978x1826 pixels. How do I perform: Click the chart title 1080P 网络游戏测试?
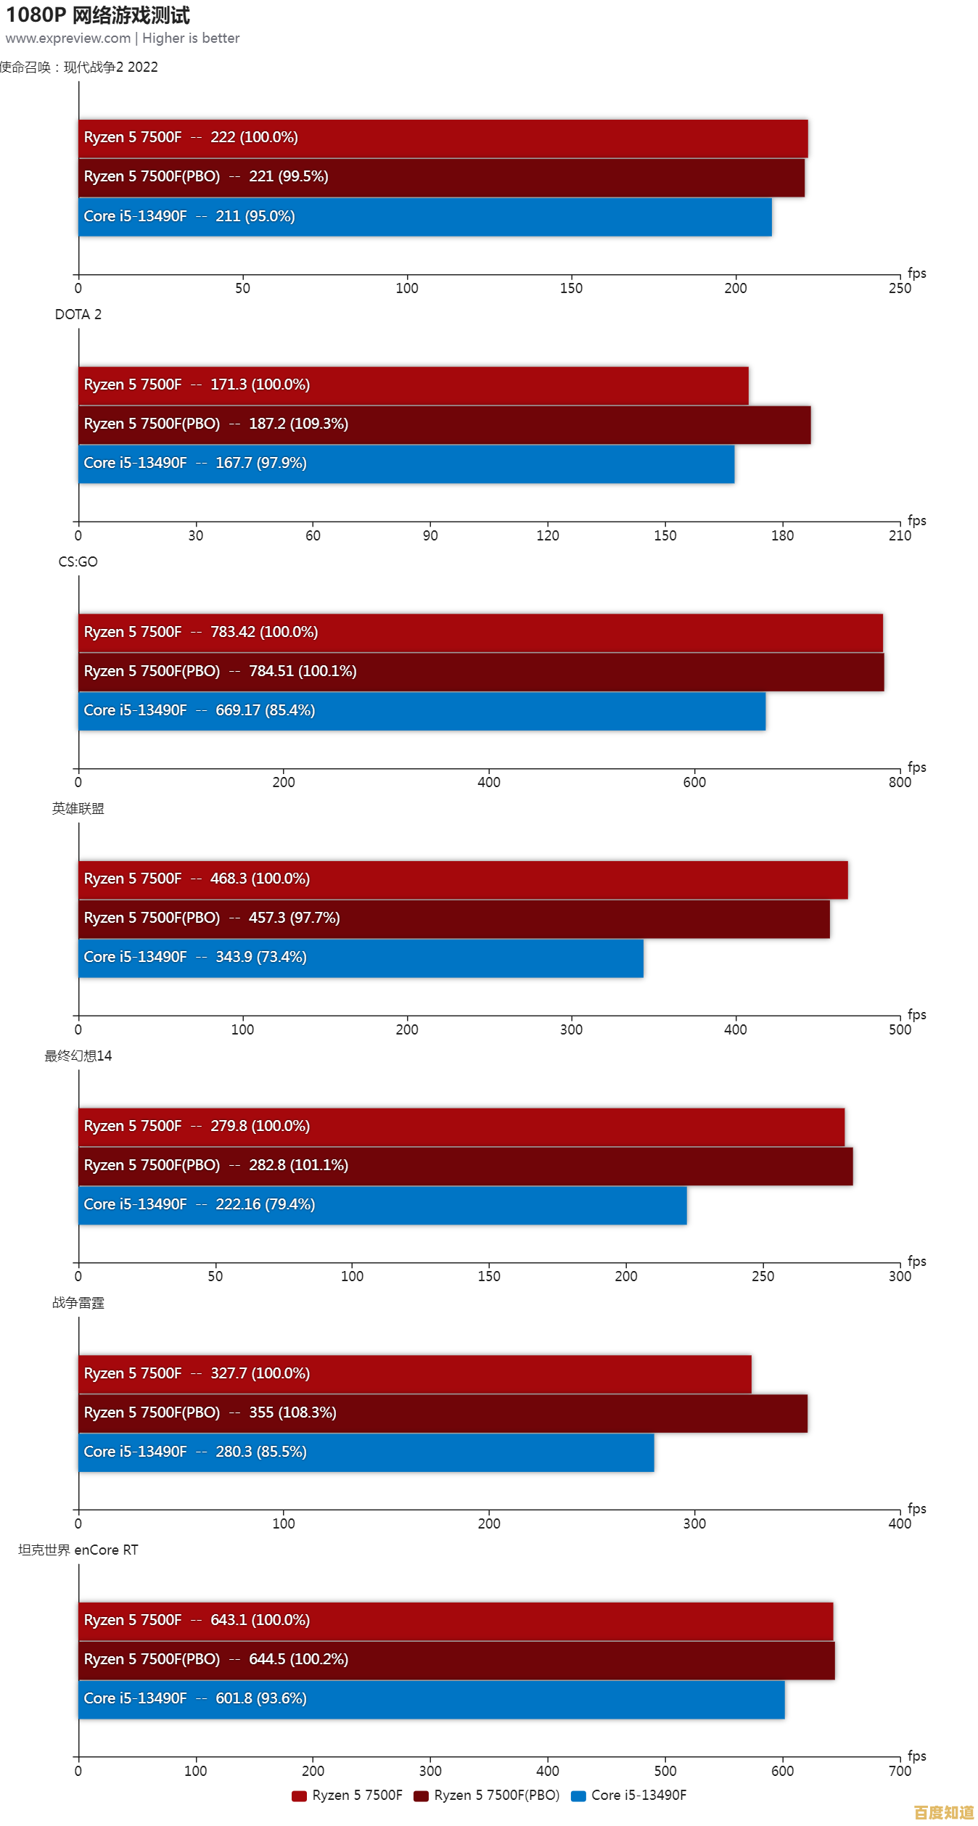pyautogui.click(x=98, y=15)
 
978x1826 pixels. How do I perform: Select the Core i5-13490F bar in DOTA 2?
pyautogui.click(x=406, y=464)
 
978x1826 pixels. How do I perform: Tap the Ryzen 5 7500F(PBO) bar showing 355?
pyautogui.click(x=443, y=1413)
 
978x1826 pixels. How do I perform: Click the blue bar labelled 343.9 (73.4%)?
pyautogui.click(x=361, y=958)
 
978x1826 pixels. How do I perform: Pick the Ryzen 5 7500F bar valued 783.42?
pyautogui.click(x=480, y=633)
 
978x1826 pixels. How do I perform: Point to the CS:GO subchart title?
pyautogui.click(x=78, y=562)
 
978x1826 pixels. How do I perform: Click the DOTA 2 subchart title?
pyautogui.click(x=78, y=314)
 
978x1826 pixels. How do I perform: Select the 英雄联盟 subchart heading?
pyautogui.click(x=78, y=808)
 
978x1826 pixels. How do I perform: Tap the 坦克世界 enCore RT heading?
pyautogui.click(x=78, y=1550)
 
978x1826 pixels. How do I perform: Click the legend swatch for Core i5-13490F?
pyautogui.click(x=578, y=1796)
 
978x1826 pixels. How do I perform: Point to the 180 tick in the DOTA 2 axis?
pyautogui.click(x=782, y=535)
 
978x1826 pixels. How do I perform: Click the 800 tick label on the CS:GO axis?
pyautogui.click(x=900, y=782)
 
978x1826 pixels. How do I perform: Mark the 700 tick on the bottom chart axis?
pyautogui.click(x=900, y=1771)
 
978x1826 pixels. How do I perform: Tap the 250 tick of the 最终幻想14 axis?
pyautogui.click(x=763, y=1276)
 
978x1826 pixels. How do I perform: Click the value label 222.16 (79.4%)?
pyautogui.click(x=265, y=1204)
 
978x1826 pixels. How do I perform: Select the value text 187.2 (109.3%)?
pyautogui.click(x=298, y=424)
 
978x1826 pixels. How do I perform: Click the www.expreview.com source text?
pyautogui.click(x=68, y=38)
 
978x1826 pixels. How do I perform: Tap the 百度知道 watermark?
pyautogui.click(x=944, y=1812)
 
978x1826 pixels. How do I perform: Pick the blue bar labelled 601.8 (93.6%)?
pyautogui.click(x=432, y=1699)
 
